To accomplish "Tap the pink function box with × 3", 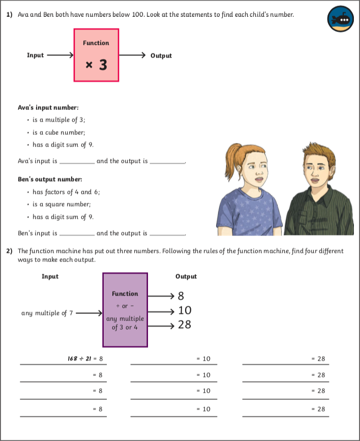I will click(x=97, y=55).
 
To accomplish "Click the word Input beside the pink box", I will click(x=35, y=55).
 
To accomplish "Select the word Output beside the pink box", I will click(x=161, y=55).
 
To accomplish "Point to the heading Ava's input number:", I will click(x=48, y=108).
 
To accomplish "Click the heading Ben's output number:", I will click(x=50, y=180).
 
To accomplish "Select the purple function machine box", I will click(x=125, y=310).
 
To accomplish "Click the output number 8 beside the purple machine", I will click(x=181, y=296).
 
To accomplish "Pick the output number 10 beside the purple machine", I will click(x=185, y=310).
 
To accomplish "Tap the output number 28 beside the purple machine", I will click(x=185, y=325).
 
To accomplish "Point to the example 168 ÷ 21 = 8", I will click(x=85, y=359).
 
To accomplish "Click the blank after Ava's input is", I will click(x=77, y=162).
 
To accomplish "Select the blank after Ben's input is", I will click(x=77, y=234).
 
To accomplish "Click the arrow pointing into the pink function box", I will click(x=60, y=55).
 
